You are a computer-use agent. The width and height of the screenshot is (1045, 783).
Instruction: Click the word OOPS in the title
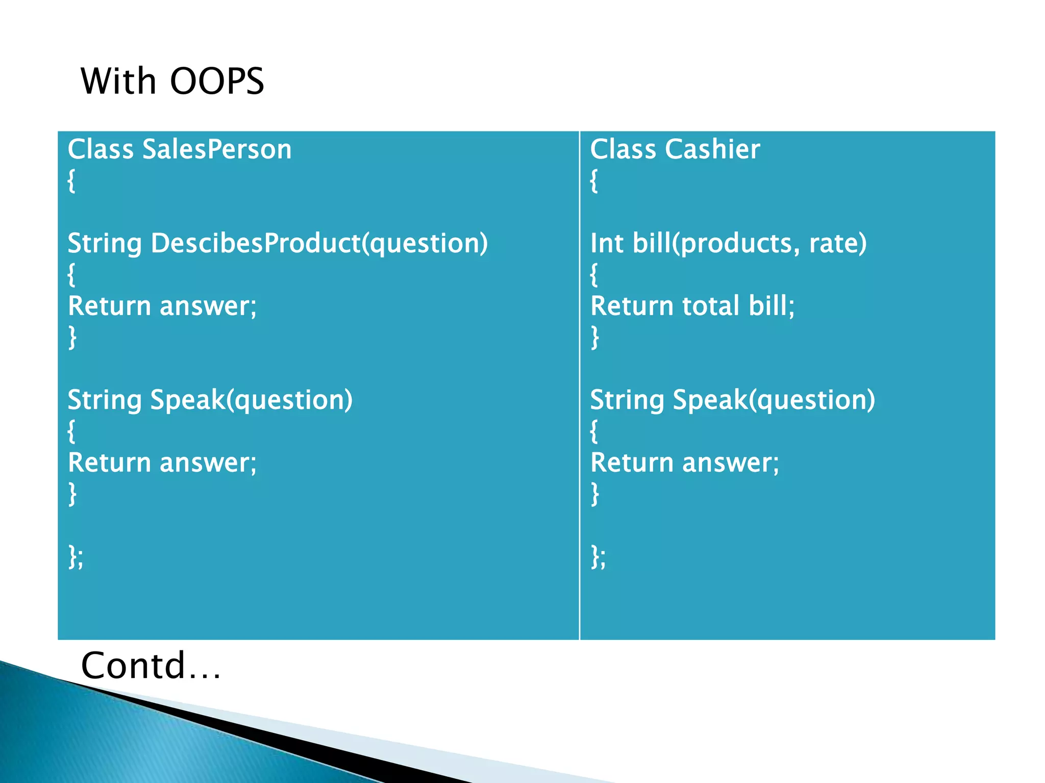tap(217, 81)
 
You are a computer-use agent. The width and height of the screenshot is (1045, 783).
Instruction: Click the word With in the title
tap(118, 81)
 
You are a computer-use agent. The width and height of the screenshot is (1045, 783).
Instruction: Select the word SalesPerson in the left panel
tap(216, 149)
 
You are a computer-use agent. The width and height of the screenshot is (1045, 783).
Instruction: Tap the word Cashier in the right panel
tap(712, 149)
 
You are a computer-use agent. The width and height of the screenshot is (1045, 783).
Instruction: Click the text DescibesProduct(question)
tap(319, 243)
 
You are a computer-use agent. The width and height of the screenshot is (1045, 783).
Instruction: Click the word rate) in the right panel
tap(837, 243)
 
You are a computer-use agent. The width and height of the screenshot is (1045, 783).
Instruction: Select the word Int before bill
tap(606, 243)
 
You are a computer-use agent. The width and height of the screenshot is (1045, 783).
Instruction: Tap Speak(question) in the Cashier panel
tap(774, 400)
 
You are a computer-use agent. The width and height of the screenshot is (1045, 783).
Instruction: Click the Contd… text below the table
tap(151, 666)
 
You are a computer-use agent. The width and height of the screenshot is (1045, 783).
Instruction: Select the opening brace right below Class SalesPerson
tap(71, 180)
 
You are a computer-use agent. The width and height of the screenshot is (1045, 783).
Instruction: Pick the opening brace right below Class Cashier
tap(594, 180)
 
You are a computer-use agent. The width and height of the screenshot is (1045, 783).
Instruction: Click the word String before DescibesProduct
tap(105, 243)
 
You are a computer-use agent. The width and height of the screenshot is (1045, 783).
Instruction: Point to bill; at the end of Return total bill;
tap(772, 306)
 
